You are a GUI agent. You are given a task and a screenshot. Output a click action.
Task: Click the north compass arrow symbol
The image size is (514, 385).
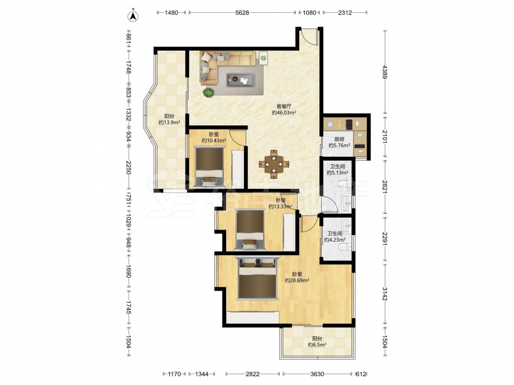133,16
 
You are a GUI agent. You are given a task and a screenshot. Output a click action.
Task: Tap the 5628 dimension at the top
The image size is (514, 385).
242,13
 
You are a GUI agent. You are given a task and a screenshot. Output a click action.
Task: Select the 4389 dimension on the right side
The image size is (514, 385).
385,72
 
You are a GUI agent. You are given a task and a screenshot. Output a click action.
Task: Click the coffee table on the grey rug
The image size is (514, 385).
241,80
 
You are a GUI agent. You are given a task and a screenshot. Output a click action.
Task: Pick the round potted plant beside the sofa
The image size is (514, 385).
209,92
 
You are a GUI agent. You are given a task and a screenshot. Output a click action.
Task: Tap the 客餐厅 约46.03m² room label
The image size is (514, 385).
284,110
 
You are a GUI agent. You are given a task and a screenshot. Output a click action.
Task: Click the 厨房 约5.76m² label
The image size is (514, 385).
339,142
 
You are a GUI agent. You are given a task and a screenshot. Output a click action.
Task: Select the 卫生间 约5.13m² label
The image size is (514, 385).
337,169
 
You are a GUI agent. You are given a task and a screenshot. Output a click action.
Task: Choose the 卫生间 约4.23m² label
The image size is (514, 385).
335,237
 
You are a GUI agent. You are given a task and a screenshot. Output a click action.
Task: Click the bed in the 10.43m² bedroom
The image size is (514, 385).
209,167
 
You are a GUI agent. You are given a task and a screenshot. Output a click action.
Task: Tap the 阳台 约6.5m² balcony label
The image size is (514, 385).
317,341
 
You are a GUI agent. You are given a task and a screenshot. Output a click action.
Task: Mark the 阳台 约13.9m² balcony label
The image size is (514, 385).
169,119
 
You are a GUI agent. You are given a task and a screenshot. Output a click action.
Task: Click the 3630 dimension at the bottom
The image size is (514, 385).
317,374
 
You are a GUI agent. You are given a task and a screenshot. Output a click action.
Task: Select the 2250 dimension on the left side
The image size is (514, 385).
128,167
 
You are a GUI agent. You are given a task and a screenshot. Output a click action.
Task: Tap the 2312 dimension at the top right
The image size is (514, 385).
345,13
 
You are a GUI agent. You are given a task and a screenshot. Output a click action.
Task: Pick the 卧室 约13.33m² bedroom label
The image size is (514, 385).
281,203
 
